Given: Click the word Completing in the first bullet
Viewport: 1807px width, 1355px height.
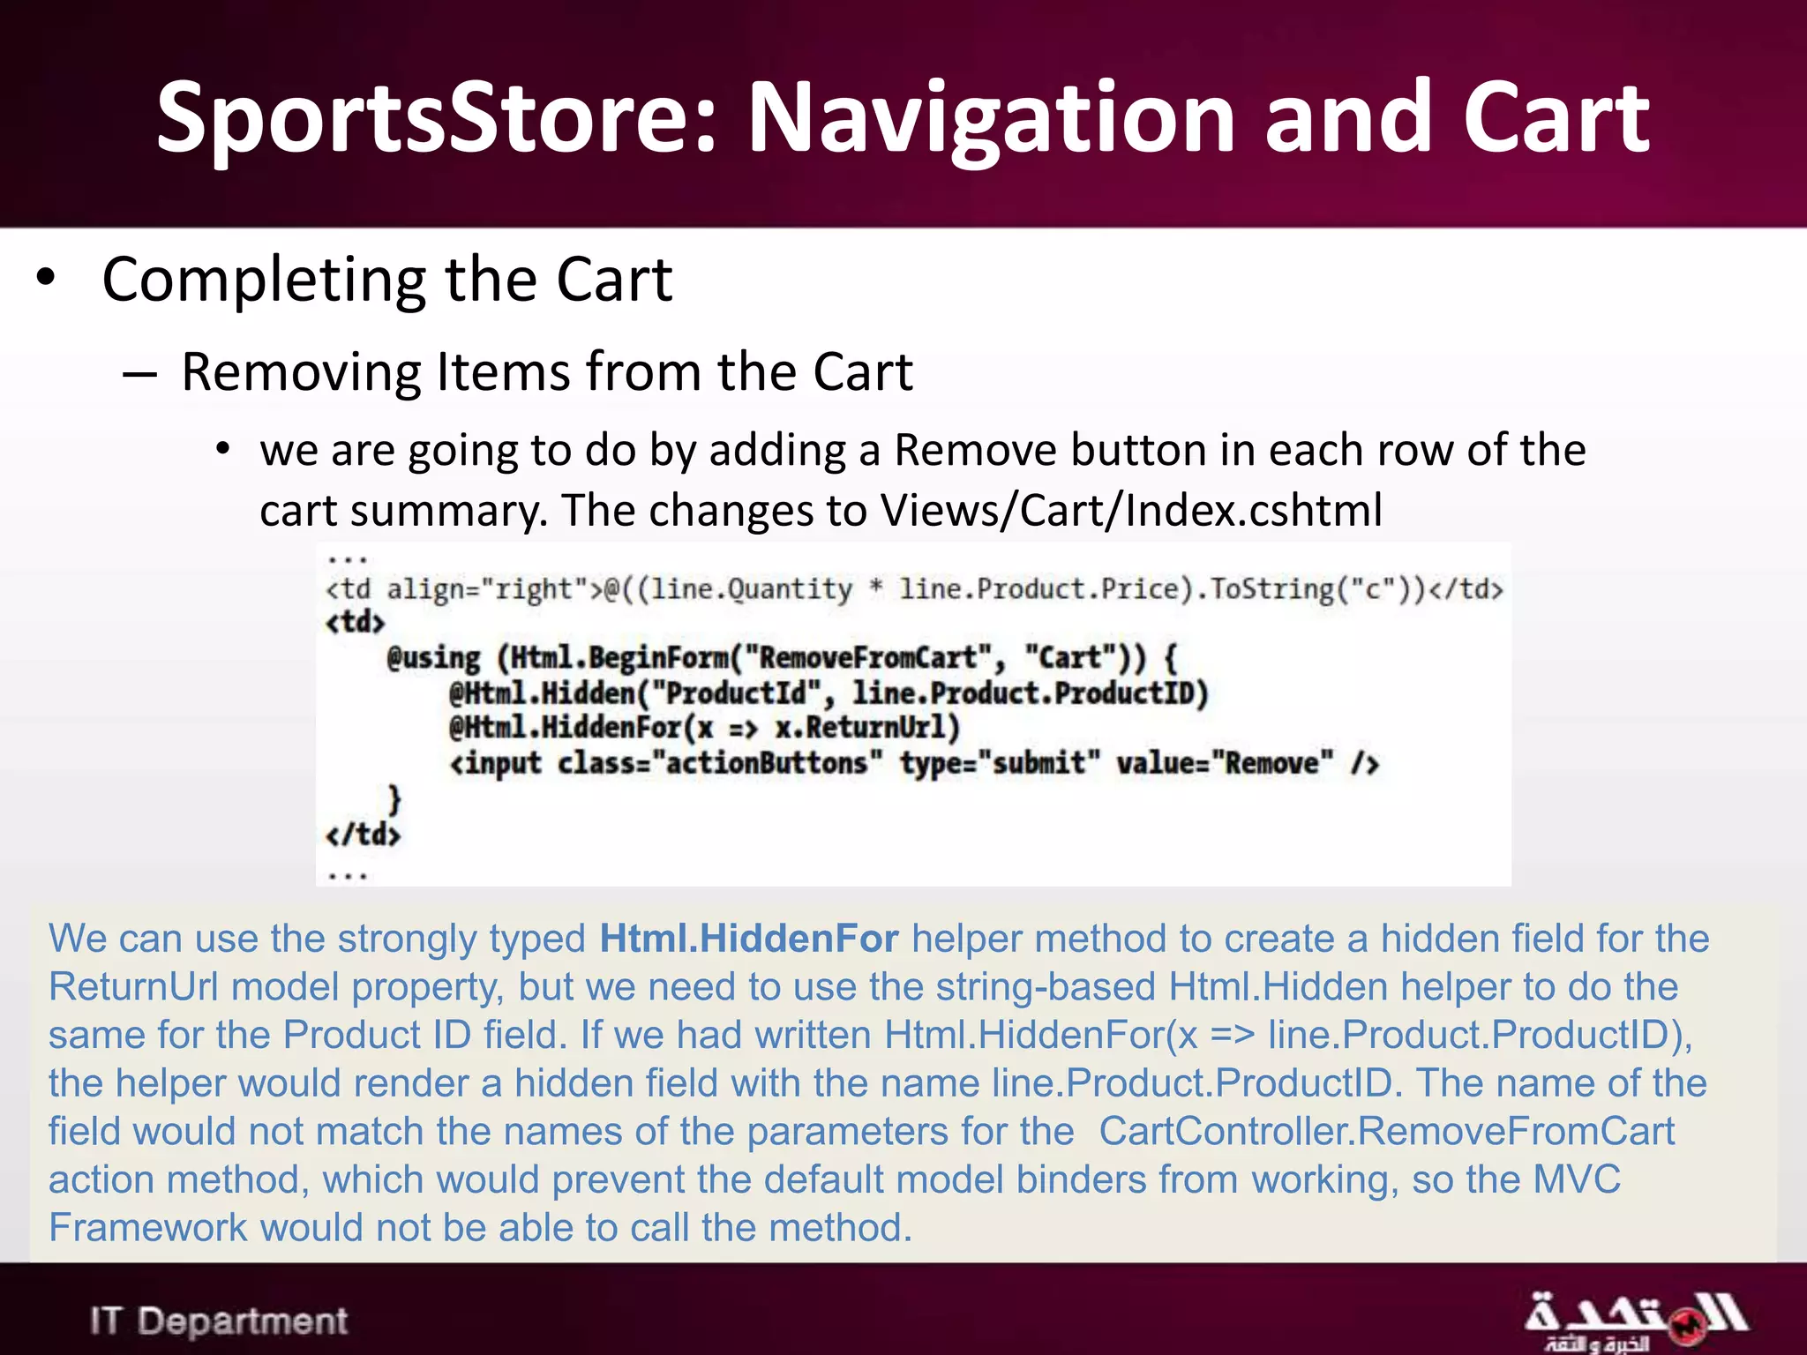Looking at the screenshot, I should (x=266, y=281).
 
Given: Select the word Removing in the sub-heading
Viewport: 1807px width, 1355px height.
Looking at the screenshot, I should (x=301, y=371).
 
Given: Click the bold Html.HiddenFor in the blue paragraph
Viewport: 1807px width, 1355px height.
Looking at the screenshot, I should (x=749, y=939).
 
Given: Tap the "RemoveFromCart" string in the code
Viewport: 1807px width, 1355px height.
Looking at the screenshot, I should (x=868, y=658).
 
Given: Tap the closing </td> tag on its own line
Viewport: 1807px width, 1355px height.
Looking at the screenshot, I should (x=363, y=834).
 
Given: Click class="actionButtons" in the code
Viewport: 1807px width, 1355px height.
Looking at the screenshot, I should (x=719, y=763).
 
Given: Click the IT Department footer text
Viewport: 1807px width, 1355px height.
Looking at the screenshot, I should (x=219, y=1321).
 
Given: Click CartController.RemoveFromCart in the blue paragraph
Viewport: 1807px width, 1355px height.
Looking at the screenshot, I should (x=1386, y=1132).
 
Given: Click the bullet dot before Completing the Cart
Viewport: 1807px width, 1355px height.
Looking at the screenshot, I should (x=46, y=279).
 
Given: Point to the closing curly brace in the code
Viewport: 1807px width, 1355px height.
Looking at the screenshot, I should (x=394, y=799).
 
